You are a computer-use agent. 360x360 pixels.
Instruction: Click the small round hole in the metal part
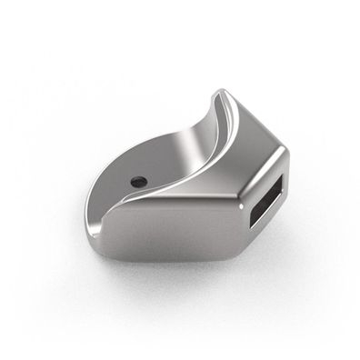pos(137,182)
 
